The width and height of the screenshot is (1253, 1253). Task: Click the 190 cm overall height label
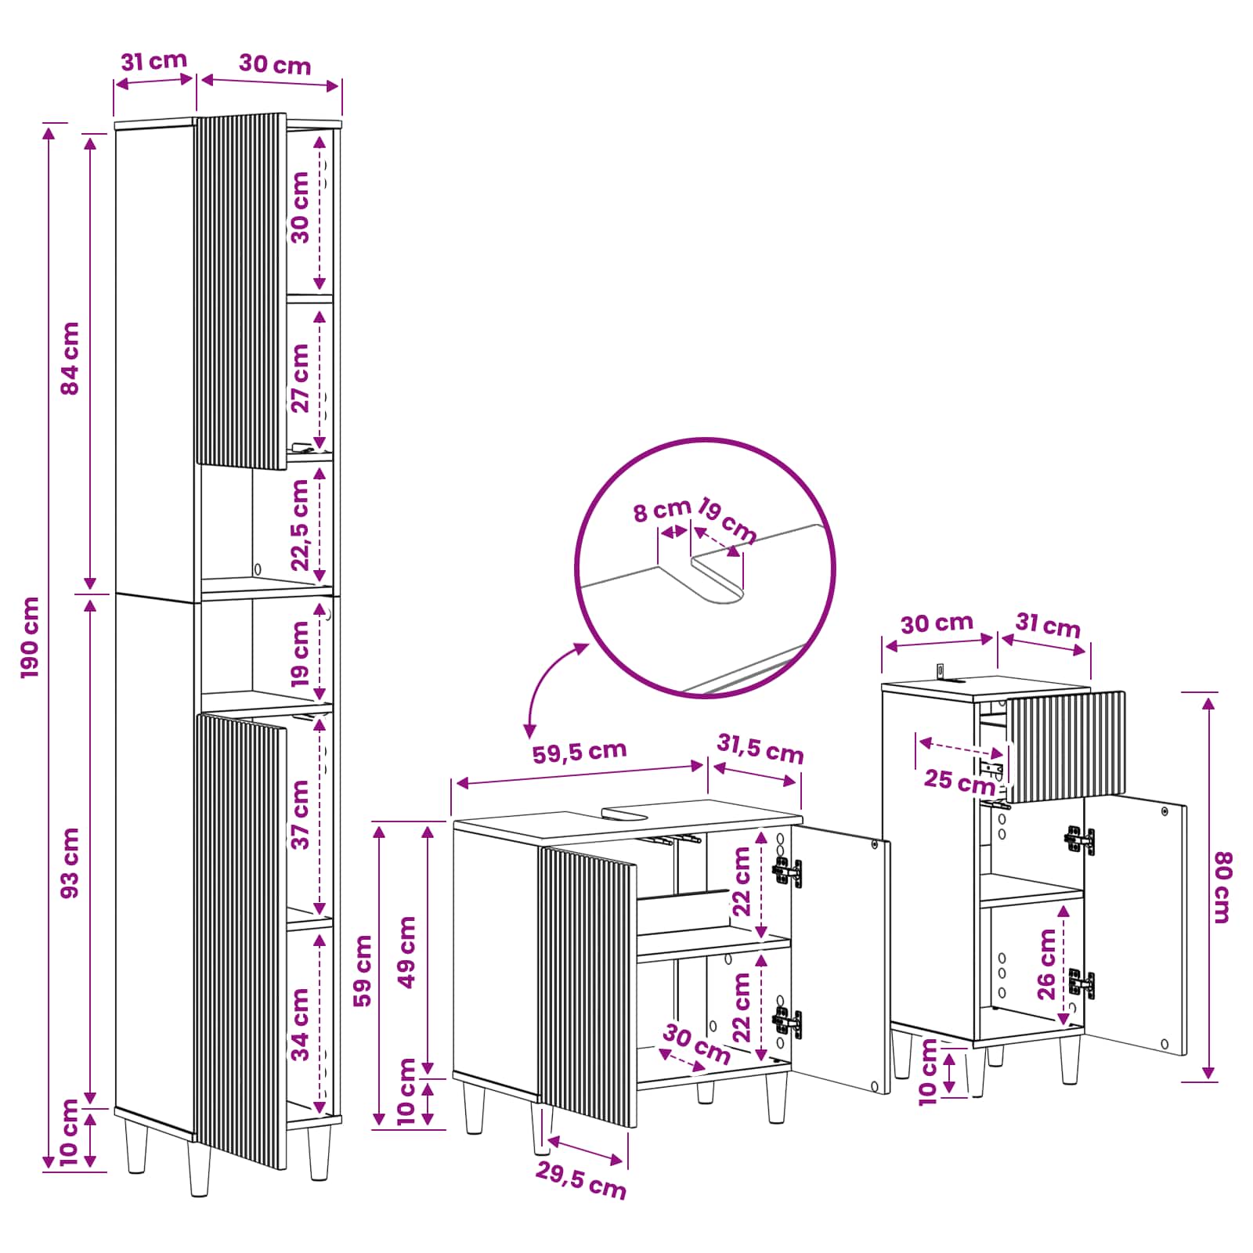(x=30, y=637)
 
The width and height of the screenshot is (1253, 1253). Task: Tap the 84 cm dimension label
(x=70, y=358)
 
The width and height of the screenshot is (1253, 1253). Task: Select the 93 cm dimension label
(x=70, y=863)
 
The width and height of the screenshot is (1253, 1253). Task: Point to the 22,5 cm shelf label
(x=301, y=525)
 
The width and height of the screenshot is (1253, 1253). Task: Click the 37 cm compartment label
(x=301, y=814)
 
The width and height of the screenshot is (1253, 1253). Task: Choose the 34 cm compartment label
(x=301, y=1024)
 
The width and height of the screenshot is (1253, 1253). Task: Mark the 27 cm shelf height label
(x=301, y=378)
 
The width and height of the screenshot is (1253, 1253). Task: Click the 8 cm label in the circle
(x=661, y=511)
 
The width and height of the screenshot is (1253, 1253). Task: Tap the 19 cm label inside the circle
(x=727, y=520)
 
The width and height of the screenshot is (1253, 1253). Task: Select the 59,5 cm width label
(x=580, y=751)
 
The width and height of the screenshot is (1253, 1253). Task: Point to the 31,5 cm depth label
(x=760, y=749)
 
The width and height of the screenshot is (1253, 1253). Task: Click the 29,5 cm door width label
(x=581, y=1181)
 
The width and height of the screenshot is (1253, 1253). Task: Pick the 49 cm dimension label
(x=407, y=952)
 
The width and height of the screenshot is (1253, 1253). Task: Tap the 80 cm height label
(x=1222, y=887)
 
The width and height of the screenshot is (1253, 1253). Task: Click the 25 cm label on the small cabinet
(x=959, y=781)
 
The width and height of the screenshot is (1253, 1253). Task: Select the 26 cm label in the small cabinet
(x=1047, y=964)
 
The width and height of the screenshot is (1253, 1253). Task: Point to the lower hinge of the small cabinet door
(x=1081, y=982)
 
